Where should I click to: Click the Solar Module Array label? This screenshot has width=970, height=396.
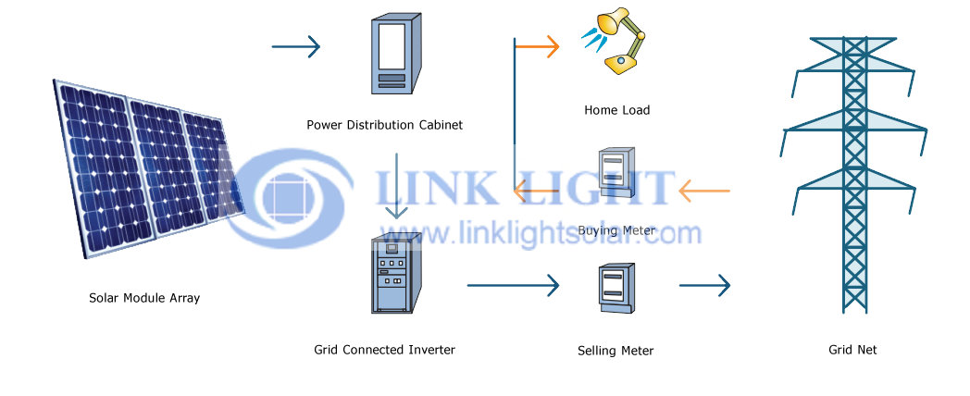[x=144, y=298]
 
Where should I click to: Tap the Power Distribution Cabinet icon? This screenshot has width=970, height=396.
[x=396, y=54]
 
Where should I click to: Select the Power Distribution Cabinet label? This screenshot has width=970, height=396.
[x=384, y=125]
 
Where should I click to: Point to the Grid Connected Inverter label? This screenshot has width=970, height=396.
[x=384, y=350]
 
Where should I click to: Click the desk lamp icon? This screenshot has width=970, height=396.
[x=614, y=41]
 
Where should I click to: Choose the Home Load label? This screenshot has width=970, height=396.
[x=616, y=110]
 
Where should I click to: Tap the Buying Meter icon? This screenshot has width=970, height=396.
[x=616, y=174]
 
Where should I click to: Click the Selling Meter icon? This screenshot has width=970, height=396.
[x=616, y=289]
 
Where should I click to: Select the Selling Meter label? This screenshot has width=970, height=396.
[x=616, y=351]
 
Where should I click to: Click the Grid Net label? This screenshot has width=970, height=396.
[x=852, y=350]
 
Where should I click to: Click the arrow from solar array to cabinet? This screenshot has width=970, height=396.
[x=295, y=46]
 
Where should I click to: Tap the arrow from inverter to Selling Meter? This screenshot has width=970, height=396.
[x=513, y=285]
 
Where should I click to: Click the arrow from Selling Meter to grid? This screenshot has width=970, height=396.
[x=704, y=285]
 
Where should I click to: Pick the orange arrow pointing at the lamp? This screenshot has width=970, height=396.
[x=537, y=46]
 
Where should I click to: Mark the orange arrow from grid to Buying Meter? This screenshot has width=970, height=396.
[x=704, y=191]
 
